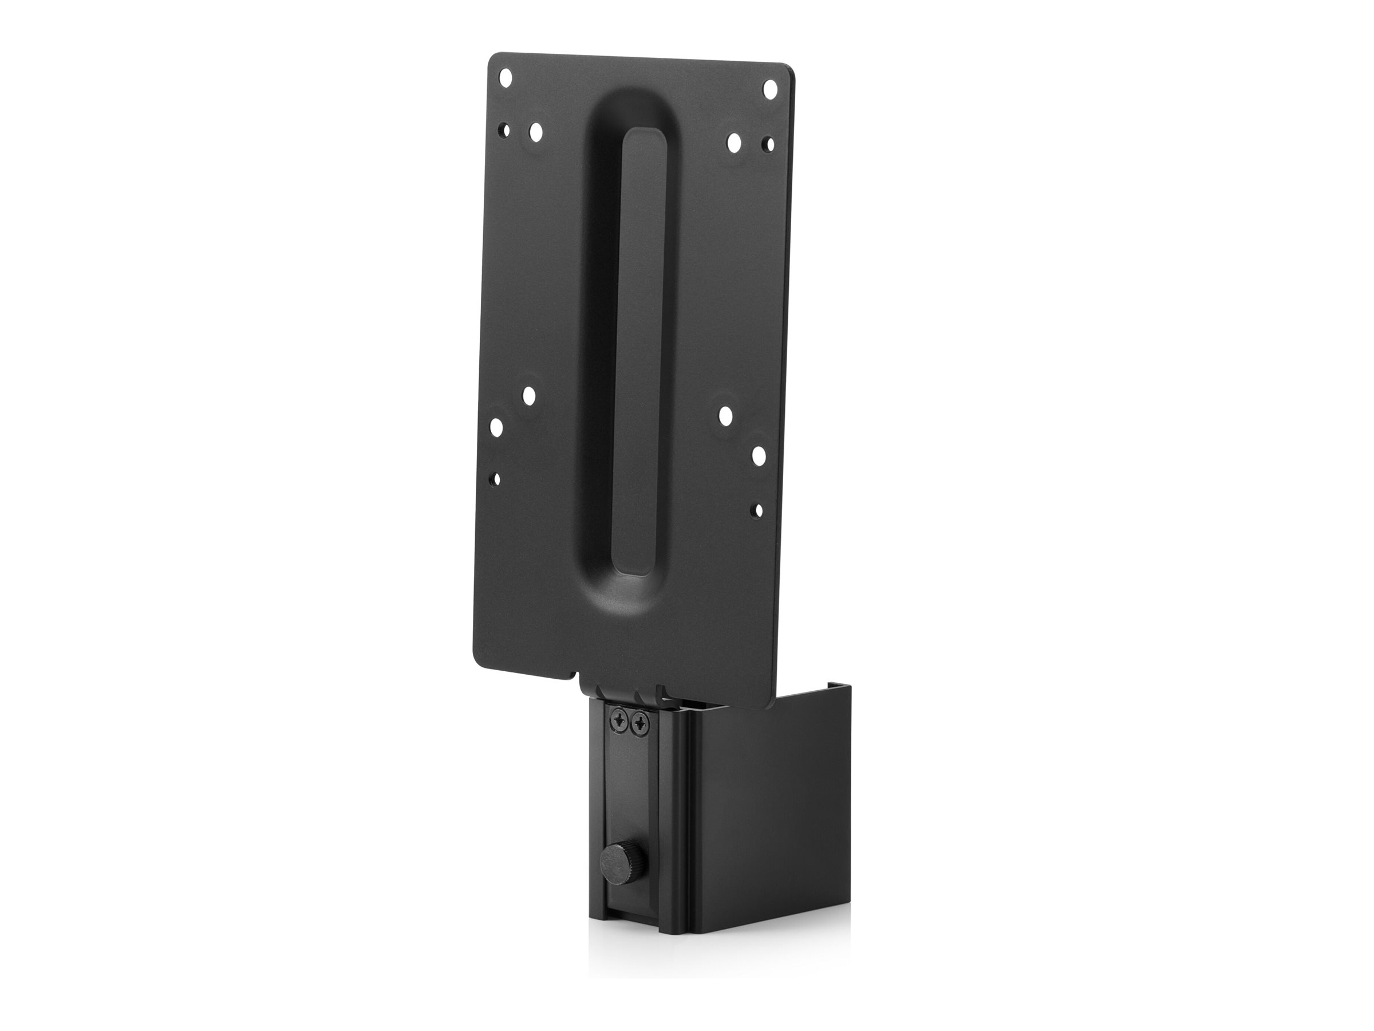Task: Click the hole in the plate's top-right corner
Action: (x=771, y=88)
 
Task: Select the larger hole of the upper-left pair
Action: (x=535, y=132)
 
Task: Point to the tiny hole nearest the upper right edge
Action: (x=769, y=144)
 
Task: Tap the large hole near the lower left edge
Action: (x=496, y=427)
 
